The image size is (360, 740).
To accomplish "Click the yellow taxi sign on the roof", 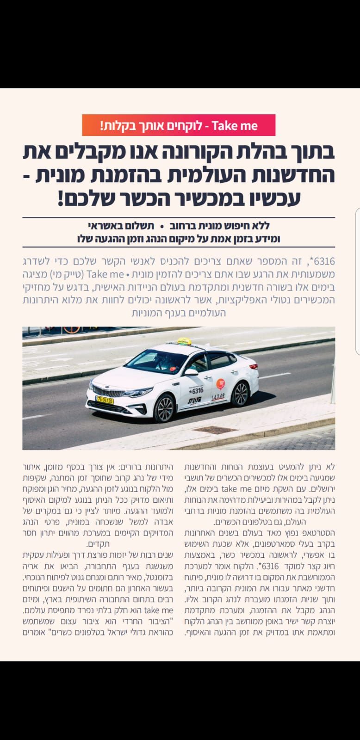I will tap(183, 341).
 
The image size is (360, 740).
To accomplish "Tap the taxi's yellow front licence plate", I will tap(105, 400).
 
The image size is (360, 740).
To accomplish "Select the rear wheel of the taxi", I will tap(240, 394).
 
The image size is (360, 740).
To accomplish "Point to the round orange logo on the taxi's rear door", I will tap(220, 383).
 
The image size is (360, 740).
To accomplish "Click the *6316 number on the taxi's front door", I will tap(196, 391).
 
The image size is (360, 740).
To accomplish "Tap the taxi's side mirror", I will tap(190, 371).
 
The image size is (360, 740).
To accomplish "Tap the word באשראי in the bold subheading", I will tap(108, 226).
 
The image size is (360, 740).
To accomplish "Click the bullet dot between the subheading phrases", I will tap(162, 226).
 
